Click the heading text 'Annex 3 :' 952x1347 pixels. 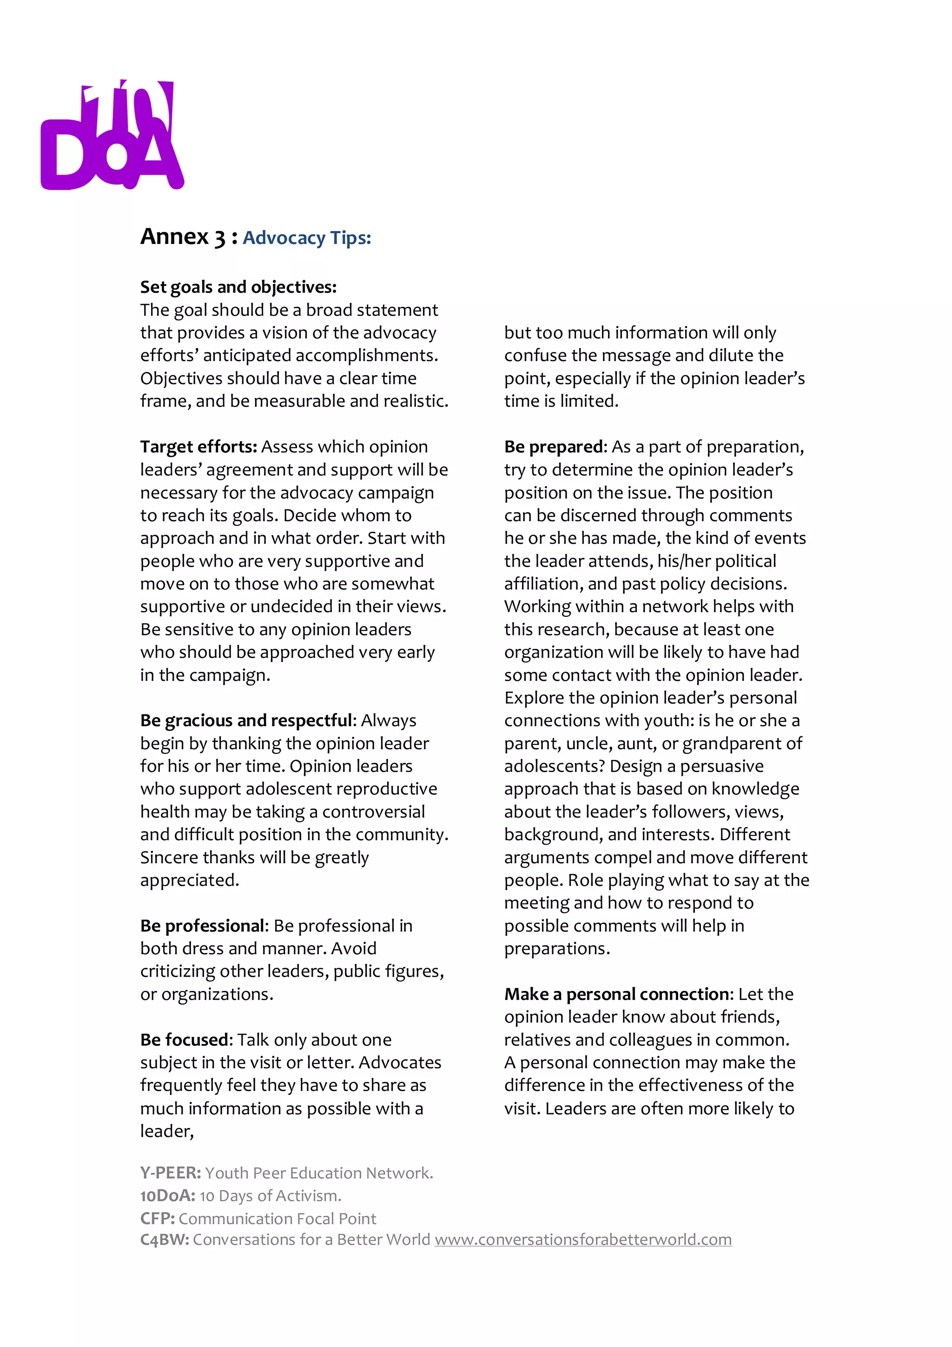coord(188,237)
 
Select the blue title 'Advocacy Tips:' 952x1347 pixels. coord(307,238)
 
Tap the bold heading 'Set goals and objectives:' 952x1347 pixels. coord(238,287)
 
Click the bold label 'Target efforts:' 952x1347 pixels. coord(198,447)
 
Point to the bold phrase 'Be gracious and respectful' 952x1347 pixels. coord(246,720)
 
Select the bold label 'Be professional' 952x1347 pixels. coord(204,926)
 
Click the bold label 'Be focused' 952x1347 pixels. coord(186,1040)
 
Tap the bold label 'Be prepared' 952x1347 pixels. coord(554,447)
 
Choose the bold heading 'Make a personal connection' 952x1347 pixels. coord(618,994)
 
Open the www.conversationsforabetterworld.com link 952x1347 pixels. coord(582,1240)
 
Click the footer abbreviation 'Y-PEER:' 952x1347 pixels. coord(170,1173)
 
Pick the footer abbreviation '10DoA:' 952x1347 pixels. coord(167,1195)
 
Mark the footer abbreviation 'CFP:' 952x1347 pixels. coord(157,1219)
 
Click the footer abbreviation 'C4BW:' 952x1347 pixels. coord(164,1240)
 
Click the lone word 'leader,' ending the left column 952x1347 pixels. coord(166,1131)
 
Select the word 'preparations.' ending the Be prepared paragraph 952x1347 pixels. coord(557,949)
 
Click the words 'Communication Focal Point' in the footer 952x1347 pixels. coord(277,1219)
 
